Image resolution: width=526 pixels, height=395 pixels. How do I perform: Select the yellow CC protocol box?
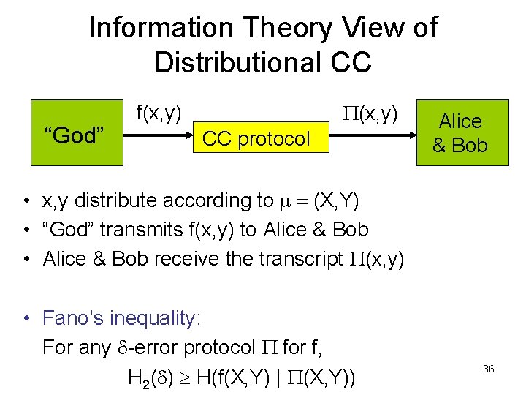[256, 138]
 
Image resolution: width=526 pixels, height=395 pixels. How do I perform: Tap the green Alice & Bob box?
[460, 135]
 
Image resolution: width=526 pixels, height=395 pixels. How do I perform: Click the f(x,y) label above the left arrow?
[159, 113]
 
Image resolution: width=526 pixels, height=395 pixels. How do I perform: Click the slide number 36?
[489, 369]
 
